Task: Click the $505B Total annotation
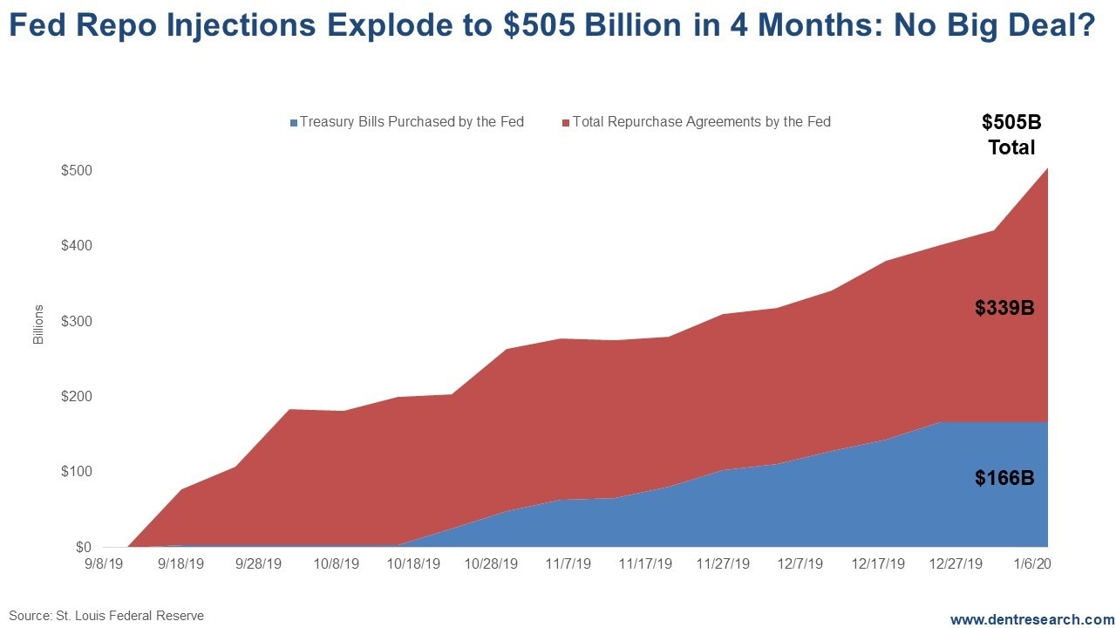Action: (x=1011, y=135)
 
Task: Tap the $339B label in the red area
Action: (x=1004, y=308)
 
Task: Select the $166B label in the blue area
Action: (x=1004, y=478)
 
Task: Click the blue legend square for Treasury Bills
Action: (x=294, y=123)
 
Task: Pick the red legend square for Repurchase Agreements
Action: (x=566, y=123)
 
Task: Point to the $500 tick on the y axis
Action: (x=77, y=170)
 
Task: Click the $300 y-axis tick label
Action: (x=77, y=321)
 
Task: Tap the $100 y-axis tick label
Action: (x=77, y=472)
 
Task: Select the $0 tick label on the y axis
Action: (x=84, y=547)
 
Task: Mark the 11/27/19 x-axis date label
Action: (x=723, y=564)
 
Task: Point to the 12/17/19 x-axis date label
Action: (x=876, y=564)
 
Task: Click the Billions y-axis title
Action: (x=38, y=324)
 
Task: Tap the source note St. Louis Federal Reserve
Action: (x=106, y=616)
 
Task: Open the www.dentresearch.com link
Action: (x=1032, y=619)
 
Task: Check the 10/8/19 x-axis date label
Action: (x=337, y=564)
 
